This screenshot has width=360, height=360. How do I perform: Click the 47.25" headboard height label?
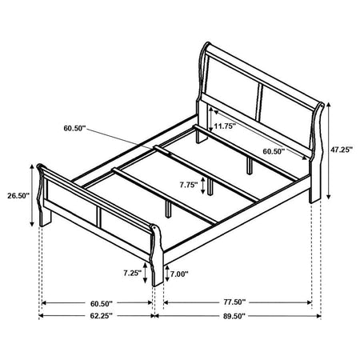tap(342, 150)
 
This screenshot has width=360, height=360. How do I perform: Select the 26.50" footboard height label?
tap(18, 195)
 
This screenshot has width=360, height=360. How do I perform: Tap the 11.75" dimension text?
tap(225, 126)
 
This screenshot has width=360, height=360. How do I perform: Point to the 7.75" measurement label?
tap(189, 185)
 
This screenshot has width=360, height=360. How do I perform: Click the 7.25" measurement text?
tap(132, 273)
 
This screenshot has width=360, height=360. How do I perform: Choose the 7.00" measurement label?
tap(179, 274)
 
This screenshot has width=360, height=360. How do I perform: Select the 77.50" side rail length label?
tap(234, 302)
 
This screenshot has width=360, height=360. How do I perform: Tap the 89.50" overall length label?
tap(234, 316)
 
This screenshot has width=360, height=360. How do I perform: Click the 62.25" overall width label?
tap(102, 316)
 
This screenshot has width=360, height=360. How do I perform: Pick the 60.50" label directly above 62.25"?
tap(102, 303)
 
